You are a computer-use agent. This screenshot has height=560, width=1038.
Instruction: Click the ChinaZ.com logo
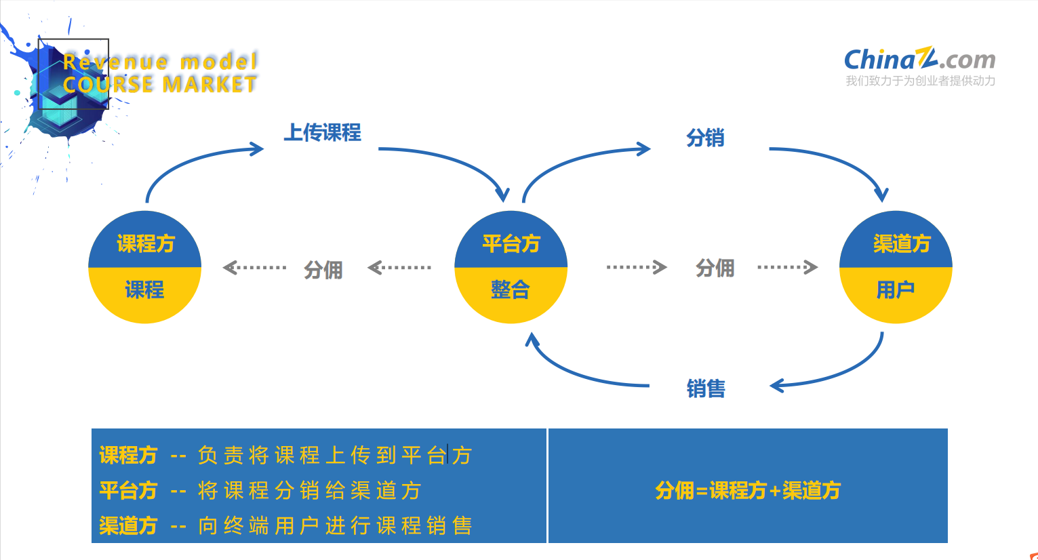coord(919,59)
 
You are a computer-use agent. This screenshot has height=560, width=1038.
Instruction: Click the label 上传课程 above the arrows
coord(322,132)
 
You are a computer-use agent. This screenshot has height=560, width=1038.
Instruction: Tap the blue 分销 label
coord(705,138)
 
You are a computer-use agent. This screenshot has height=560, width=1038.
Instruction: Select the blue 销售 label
coord(706,388)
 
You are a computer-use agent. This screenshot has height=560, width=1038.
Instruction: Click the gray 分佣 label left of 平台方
coord(323,270)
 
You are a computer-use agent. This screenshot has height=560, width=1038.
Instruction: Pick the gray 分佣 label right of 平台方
coord(715,268)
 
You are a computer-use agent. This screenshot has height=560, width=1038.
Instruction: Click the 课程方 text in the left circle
coord(146,243)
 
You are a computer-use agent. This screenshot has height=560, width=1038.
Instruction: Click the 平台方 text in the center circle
coord(511,243)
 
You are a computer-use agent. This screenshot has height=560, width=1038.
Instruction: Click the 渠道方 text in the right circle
coord(902,243)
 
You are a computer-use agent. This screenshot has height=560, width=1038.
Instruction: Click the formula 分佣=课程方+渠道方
coord(747,490)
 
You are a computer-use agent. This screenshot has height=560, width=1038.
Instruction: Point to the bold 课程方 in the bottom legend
coord(128,455)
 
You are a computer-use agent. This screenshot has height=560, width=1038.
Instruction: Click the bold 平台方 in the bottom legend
coord(128,490)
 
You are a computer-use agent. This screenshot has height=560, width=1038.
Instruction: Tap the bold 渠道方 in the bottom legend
coord(128,525)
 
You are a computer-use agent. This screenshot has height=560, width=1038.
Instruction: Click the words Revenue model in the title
coord(161,62)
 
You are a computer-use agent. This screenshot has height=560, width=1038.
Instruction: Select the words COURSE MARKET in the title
coord(160,84)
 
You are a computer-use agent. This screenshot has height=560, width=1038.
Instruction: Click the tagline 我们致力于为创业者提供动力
coord(920,81)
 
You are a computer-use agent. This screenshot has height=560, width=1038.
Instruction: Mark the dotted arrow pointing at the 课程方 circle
coord(254,268)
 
